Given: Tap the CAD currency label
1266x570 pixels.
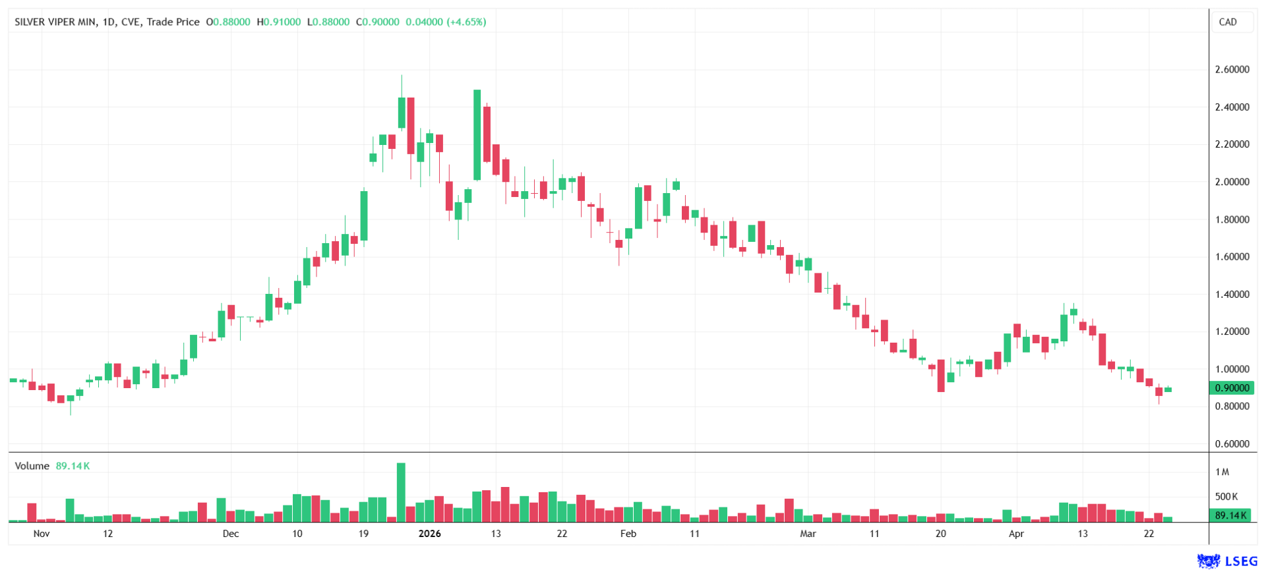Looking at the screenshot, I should coord(1227,22).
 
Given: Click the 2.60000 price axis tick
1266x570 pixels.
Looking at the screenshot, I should coord(1232,69).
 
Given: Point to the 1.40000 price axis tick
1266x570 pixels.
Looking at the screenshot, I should coord(1232,295).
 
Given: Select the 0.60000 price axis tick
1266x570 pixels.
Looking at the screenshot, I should coord(1232,444).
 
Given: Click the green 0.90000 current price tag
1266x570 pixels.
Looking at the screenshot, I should coord(1232,388).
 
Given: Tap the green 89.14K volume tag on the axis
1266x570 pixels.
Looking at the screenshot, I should coord(1230,515).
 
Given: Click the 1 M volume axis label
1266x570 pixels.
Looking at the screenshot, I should coord(1222,472).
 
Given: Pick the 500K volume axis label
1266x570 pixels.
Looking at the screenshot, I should coord(1226,497).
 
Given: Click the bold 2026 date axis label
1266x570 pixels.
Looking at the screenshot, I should coord(430,534).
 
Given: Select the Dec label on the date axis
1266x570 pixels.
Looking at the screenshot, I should coord(231,534).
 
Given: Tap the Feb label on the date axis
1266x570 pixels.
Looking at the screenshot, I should coord(628,534).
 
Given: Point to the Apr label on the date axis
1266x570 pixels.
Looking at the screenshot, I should coord(1016,534).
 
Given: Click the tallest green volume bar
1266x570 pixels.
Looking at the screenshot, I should coord(401,493).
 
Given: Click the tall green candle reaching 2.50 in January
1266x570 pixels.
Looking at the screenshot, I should coord(477,135).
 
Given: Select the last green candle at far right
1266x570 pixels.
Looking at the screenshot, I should coord(1168,390).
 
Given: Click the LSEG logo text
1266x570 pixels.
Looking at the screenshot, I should coord(1241,561).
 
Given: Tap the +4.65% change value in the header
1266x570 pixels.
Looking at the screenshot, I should coord(467,22).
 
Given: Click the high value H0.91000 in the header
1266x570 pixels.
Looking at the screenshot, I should coord(279,22).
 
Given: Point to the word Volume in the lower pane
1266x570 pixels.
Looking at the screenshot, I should coord(32,466).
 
